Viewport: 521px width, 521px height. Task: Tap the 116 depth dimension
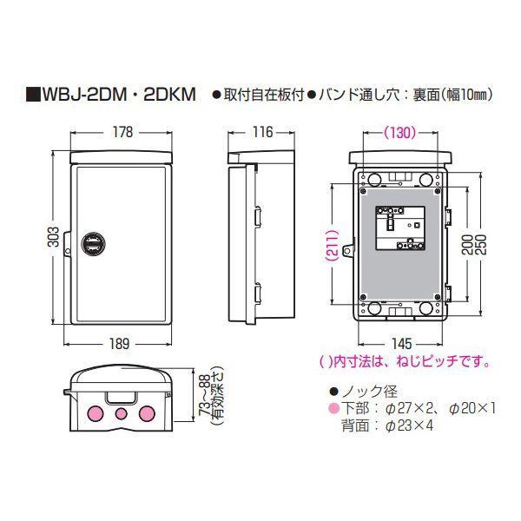[x=260, y=133]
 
